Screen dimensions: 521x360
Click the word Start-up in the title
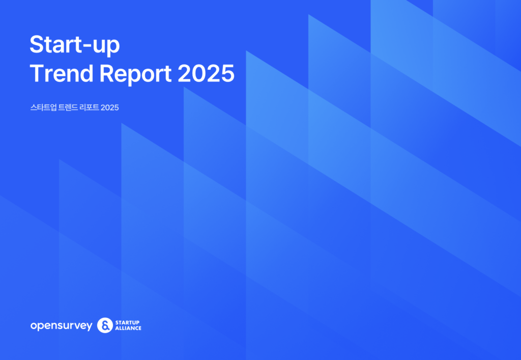[75, 45]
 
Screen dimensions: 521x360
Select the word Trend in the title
[62, 73]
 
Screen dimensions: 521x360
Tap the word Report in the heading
[135, 74]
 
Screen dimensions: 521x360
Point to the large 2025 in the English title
[206, 73]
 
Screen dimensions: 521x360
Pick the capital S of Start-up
[37, 44]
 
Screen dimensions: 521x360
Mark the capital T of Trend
[37, 73]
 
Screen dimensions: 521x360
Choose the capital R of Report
[107, 73]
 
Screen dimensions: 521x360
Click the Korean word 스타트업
[43, 107]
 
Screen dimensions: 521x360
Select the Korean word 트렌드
[68, 107]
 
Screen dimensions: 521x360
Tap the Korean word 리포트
[90, 107]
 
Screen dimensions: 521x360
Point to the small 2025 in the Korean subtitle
[110, 107]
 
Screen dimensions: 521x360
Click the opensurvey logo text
[61, 326]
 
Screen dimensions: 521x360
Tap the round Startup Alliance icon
[105, 325]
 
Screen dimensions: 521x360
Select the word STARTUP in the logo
[127, 322]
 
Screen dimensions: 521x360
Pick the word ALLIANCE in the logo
[128, 328]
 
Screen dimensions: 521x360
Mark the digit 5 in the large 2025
[227, 73]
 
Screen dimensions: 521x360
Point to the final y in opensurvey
[89, 327]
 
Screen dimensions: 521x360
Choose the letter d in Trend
[86, 73]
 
